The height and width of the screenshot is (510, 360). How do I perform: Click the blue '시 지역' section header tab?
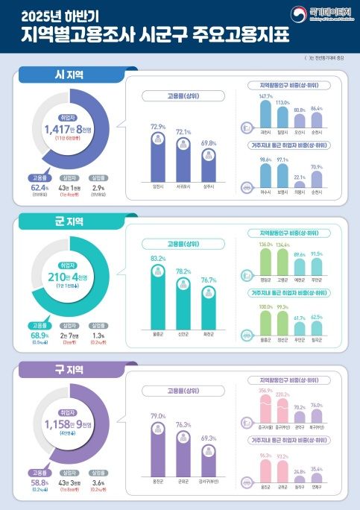tap(65, 75)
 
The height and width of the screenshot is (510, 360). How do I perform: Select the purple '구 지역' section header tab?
tap(65, 369)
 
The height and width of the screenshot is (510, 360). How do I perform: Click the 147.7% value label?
tap(265, 97)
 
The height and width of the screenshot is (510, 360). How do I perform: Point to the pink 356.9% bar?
tap(265, 411)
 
